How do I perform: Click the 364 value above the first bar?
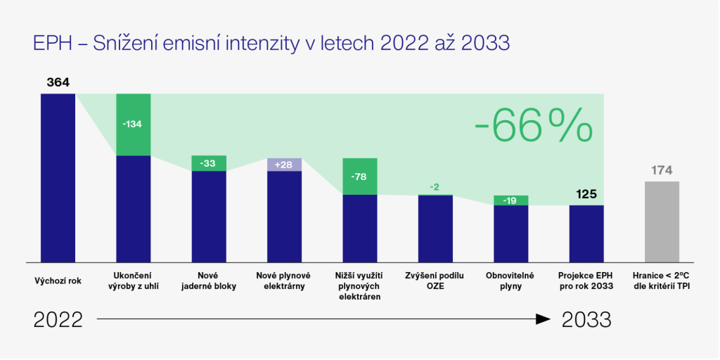click(58, 82)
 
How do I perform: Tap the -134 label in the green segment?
click(133, 124)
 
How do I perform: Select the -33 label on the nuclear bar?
click(208, 163)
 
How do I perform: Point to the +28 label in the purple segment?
click(284, 165)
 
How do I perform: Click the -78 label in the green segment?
click(359, 176)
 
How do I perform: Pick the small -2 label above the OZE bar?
click(435, 187)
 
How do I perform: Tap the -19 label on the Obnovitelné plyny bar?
click(510, 200)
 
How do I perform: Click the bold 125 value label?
click(586, 193)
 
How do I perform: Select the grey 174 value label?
click(662, 170)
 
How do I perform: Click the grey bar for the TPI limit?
click(662, 221)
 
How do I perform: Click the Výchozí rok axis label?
click(58, 281)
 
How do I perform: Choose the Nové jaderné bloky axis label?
click(208, 281)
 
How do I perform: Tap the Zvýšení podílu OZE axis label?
click(435, 281)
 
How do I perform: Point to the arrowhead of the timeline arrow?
click(543, 319)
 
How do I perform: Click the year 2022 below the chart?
click(58, 320)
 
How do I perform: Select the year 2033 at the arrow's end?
click(586, 320)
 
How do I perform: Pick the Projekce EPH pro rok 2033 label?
click(586, 281)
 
